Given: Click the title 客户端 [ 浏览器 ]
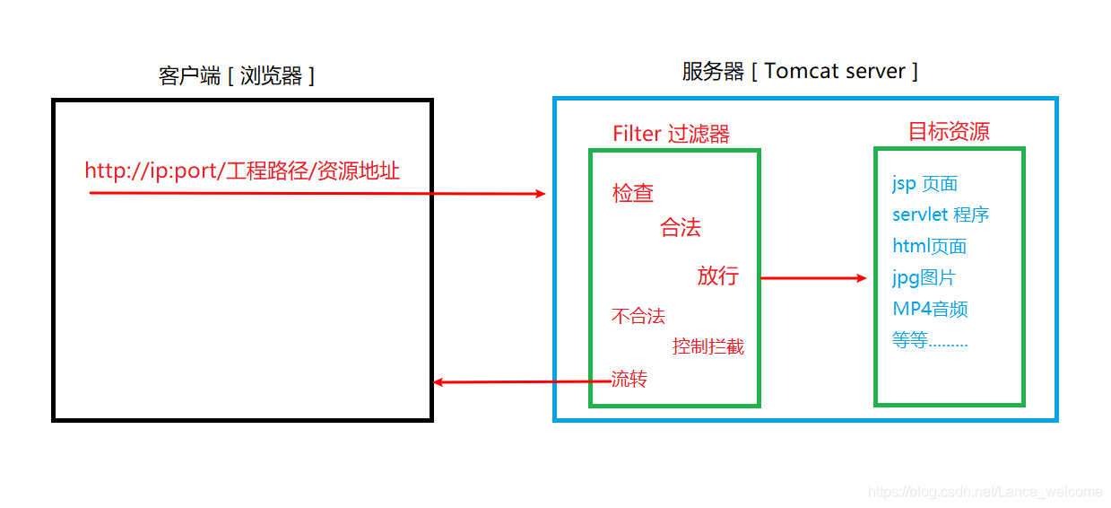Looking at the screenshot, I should (x=237, y=75).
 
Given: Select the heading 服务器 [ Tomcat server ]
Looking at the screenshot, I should (x=800, y=72).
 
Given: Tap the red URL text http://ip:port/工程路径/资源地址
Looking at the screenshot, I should (x=242, y=171).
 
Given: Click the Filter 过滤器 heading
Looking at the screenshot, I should (x=671, y=135).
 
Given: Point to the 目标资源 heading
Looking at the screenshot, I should (x=949, y=132).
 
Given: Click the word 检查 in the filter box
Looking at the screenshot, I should (x=633, y=193).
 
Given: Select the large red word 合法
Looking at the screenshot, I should (x=681, y=228).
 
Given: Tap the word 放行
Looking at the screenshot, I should (x=717, y=276).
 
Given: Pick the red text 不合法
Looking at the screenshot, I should (x=638, y=316).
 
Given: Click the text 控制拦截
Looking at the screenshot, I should (x=708, y=346).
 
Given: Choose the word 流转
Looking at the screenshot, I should (x=629, y=379).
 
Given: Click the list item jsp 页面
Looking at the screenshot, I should (x=925, y=184).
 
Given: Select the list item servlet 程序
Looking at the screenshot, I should (x=941, y=215).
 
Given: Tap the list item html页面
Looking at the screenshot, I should (x=930, y=246).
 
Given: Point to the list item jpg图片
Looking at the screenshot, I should (x=924, y=277).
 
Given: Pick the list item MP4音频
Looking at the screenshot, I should (x=930, y=309).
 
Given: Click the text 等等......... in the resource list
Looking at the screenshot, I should (x=930, y=341).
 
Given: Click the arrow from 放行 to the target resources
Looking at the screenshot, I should (x=814, y=278).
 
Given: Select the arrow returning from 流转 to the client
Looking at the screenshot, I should (x=511, y=382).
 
